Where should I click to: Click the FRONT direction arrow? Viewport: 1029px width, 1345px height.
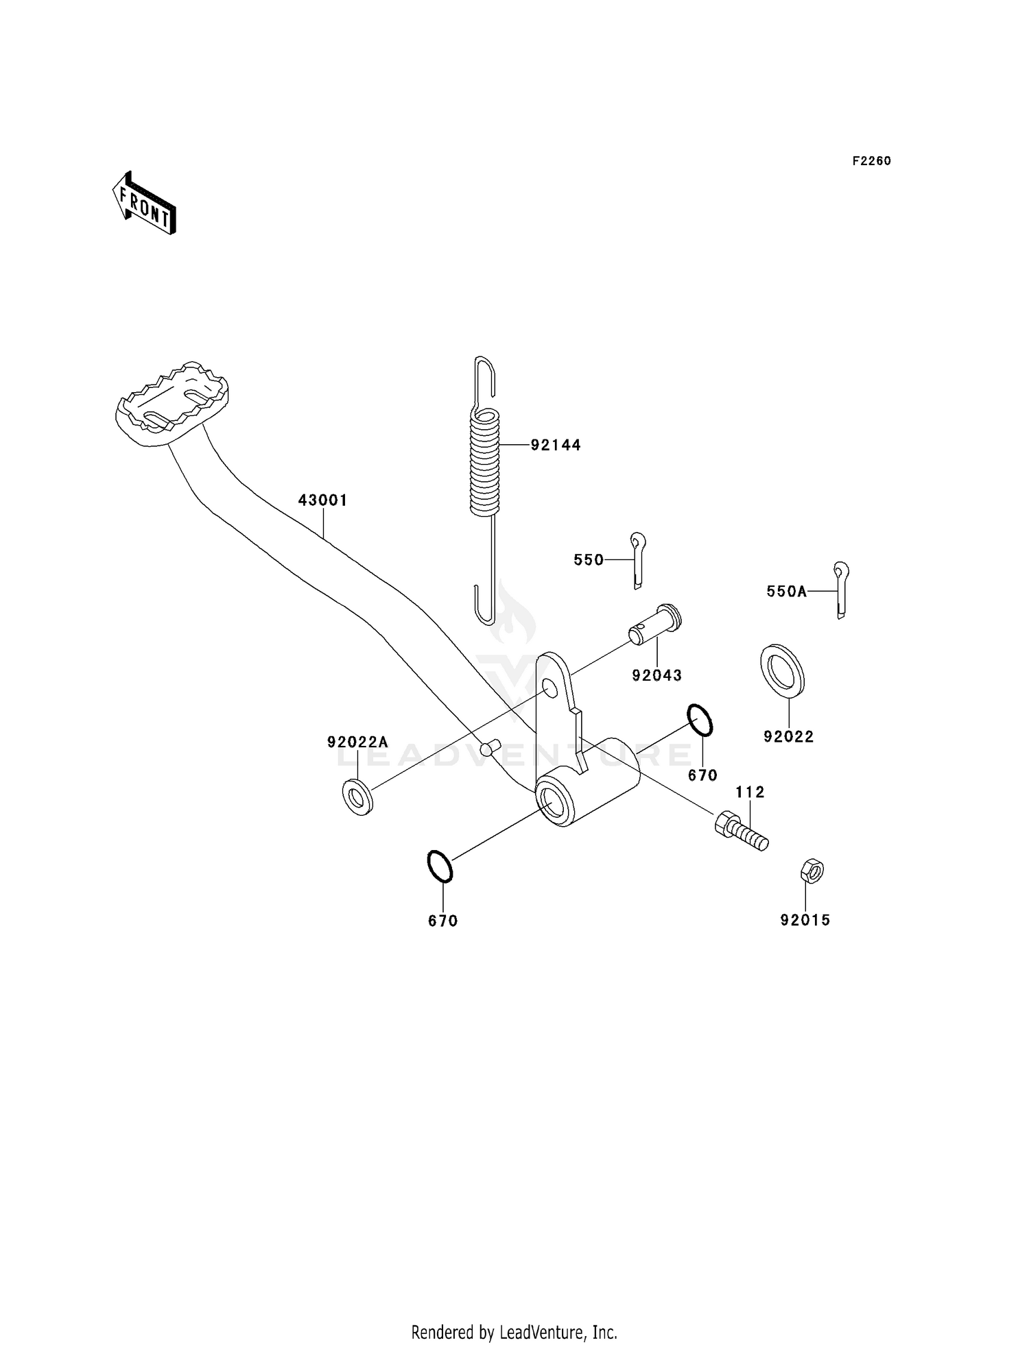(x=145, y=204)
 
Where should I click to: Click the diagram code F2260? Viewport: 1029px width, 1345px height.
(x=871, y=161)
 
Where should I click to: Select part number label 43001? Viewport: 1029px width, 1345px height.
(x=322, y=500)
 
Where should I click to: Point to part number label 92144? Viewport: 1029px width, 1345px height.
(x=556, y=446)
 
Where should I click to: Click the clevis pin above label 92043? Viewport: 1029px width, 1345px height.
(x=656, y=625)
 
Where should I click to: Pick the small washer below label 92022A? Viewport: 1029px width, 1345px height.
(x=357, y=797)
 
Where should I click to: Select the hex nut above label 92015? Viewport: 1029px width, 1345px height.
(x=812, y=871)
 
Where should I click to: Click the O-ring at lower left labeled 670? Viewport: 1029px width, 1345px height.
(x=440, y=866)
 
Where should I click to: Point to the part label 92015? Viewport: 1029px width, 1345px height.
(x=805, y=920)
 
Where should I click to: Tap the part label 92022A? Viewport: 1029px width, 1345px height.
(x=357, y=742)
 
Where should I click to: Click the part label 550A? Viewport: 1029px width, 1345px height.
(x=787, y=592)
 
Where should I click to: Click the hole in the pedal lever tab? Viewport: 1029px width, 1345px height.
(x=549, y=687)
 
